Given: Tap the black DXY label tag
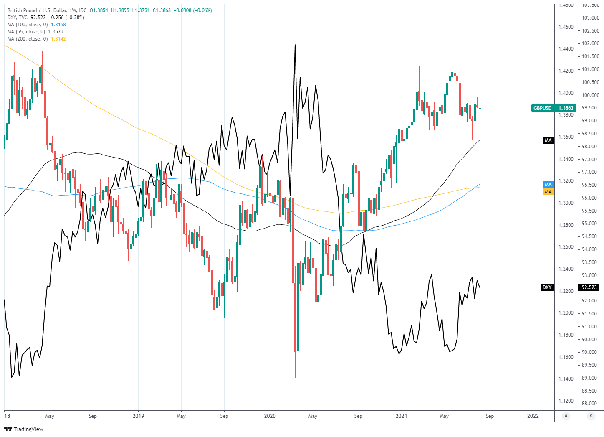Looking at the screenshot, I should [547, 287].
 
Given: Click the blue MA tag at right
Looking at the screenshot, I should [548, 185].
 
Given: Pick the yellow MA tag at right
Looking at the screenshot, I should [548, 192].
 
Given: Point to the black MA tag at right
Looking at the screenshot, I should [548, 140].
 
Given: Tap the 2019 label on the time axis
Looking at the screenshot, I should [138, 416].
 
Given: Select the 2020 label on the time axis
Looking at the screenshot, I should [270, 416].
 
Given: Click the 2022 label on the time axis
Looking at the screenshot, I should [533, 416].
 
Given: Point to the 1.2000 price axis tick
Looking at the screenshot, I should [566, 313].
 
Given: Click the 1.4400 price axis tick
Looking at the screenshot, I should [566, 49].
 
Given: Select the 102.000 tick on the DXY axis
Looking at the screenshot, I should [591, 43].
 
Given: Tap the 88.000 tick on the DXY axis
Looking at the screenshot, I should [591, 404].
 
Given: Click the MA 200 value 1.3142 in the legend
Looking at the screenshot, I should [58, 39].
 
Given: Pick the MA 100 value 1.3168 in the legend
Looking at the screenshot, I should [58, 25].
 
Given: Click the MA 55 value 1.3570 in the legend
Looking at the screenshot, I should [56, 32].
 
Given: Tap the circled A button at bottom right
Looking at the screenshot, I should [566, 416].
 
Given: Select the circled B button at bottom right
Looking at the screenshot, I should [591, 416].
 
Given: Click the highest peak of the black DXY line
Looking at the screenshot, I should [295, 45].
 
